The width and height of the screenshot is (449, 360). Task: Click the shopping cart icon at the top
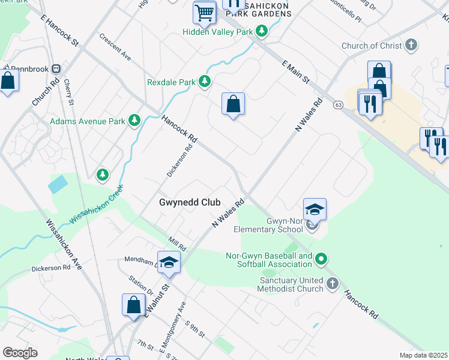click(204, 13)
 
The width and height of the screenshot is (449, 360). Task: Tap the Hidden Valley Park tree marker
click(261, 31)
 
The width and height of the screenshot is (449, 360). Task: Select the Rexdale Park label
click(172, 82)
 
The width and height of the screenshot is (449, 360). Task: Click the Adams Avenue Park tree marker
click(134, 121)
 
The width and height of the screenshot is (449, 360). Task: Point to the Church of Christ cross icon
click(411, 46)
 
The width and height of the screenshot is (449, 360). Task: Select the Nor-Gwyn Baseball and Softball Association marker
click(321, 260)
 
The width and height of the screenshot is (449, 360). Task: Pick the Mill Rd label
click(178, 243)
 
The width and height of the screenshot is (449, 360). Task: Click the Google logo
click(20, 353)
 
